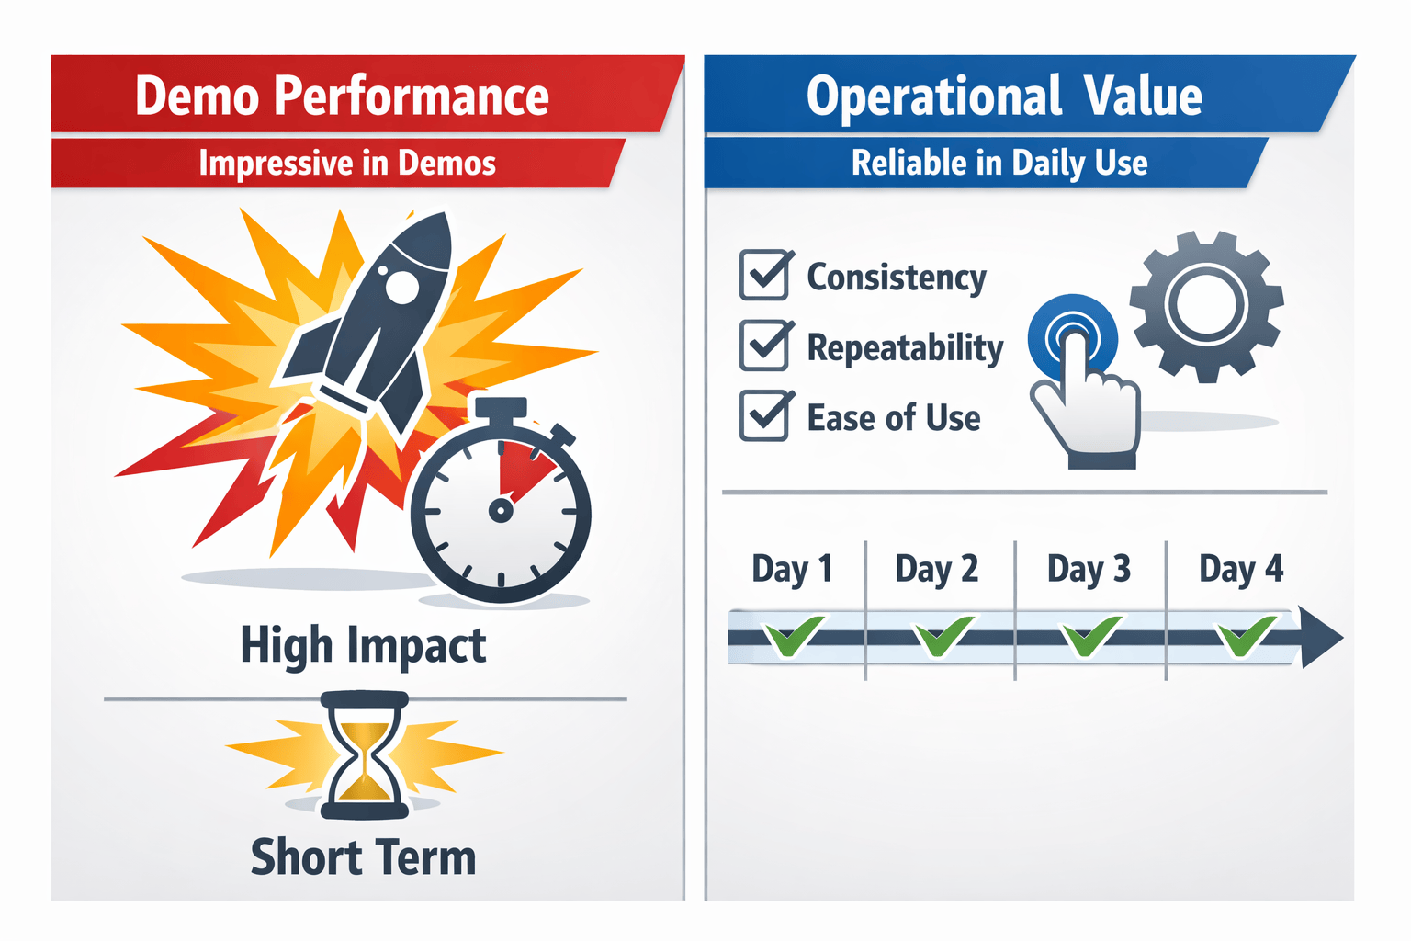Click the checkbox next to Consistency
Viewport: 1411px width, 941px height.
click(763, 276)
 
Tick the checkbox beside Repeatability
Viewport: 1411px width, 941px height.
click(763, 346)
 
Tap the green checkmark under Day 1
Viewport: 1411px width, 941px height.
click(792, 636)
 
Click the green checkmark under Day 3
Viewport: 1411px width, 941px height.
click(1089, 636)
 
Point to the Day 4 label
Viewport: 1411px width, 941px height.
click(1241, 570)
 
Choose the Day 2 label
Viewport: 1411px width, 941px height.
click(937, 570)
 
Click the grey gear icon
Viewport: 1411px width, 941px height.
click(1206, 306)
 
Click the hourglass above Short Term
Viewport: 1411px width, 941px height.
click(364, 755)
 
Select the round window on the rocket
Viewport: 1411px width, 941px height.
click(401, 287)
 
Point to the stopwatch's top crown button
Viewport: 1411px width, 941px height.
click(501, 408)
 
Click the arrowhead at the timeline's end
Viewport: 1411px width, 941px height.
click(1320, 637)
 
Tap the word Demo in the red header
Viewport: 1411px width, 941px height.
click(197, 96)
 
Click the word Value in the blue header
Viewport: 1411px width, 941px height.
click(1142, 96)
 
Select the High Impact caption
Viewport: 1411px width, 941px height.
click(363, 645)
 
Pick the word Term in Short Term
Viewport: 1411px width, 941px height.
click(426, 858)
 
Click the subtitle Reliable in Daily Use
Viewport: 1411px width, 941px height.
click(999, 164)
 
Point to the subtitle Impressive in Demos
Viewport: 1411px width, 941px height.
click(347, 164)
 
